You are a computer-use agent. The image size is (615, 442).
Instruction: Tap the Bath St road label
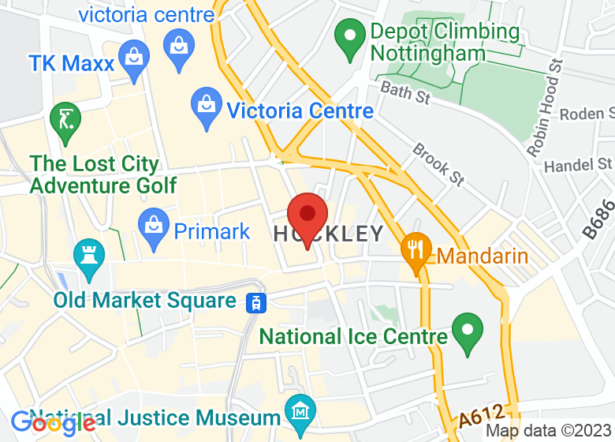pos(404,92)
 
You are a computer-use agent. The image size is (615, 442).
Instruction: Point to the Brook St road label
pos(438,164)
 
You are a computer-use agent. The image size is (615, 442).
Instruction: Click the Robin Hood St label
pos(543,107)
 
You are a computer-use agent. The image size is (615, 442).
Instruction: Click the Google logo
pos(52,424)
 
